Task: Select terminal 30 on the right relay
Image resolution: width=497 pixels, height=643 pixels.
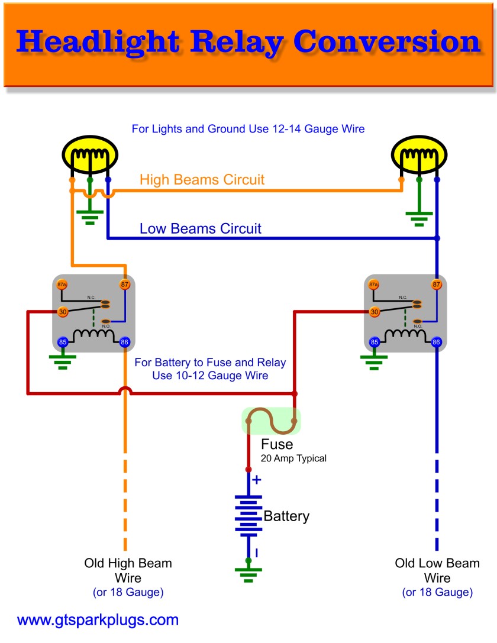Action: point(374,312)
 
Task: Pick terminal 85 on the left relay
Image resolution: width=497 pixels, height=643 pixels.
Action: point(62,341)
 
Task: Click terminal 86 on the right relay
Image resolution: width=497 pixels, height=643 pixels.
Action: point(437,341)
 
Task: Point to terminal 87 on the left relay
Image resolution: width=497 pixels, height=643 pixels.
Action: point(124,285)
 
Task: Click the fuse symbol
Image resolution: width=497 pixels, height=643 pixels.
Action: point(271,420)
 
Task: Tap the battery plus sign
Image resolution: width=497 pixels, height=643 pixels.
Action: point(256,480)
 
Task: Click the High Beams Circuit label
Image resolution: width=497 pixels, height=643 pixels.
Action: point(202,179)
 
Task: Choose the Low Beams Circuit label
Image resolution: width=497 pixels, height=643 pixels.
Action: point(200,228)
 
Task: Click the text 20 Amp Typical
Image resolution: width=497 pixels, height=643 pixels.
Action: point(293,458)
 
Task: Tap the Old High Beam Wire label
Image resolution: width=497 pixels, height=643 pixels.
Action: point(128,570)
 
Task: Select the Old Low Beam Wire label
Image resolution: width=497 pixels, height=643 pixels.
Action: point(437,570)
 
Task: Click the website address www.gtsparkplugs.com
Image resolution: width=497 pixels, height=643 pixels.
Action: point(98,621)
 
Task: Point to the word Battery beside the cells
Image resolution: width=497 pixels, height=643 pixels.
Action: point(286,516)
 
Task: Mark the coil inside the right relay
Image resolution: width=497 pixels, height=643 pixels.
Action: point(405,335)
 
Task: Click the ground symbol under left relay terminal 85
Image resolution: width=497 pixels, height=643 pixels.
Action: point(62,361)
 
